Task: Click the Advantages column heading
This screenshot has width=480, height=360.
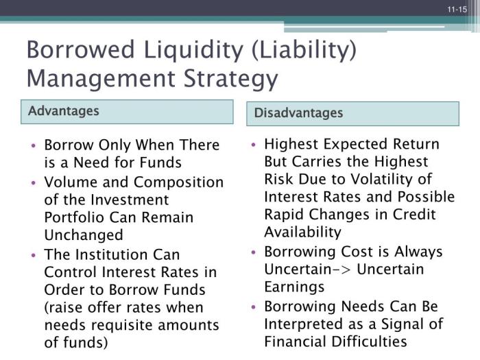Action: click(x=64, y=111)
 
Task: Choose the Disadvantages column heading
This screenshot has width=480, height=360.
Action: click(x=298, y=113)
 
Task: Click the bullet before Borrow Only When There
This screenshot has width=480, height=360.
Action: click(x=34, y=146)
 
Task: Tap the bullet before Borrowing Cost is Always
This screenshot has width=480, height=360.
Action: click(x=254, y=252)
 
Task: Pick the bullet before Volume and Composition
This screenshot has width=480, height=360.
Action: click(x=34, y=182)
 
